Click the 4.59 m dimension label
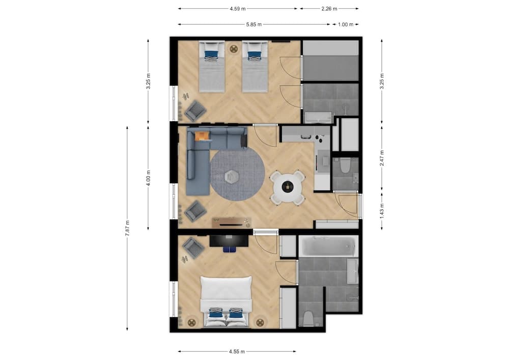coord(237,9)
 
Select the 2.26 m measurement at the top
coord(329,9)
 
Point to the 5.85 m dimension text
coord(253,24)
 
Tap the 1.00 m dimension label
coord(346,24)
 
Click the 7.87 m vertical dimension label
coord(127,228)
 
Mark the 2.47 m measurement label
coord(382,158)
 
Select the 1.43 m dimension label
coord(382,209)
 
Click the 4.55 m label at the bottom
coord(237,351)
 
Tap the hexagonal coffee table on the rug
coord(232,176)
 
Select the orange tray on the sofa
coord(202,135)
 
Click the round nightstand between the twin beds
coord(234,49)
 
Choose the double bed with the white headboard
coord(225,300)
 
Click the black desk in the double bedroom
coord(229,240)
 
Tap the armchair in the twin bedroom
coord(195,109)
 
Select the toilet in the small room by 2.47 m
coord(345,165)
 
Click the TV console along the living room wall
coord(232,222)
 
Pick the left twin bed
coord(211,66)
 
